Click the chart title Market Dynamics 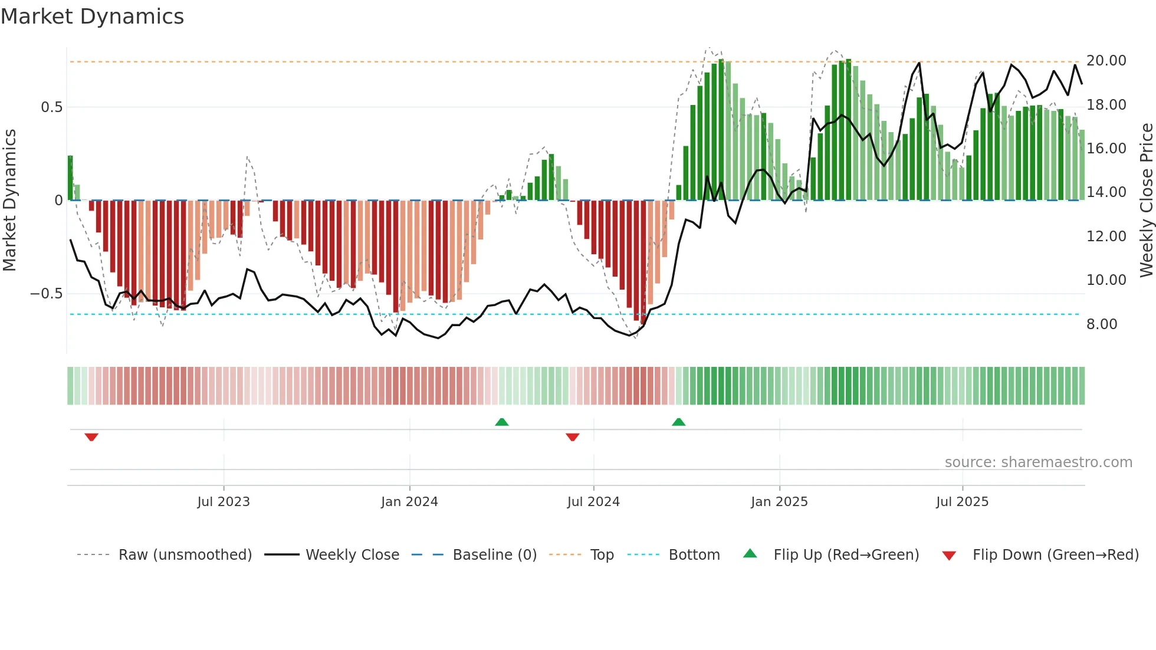tap(92, 17)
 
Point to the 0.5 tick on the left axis tap(51, 107)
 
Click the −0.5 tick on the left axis tap(47, 294)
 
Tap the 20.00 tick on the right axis tap(1106, 61)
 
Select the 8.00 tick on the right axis tap(1101, 324)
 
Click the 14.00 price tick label tap(1106, 192)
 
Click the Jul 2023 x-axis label tap(224, 502)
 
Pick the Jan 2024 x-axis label tap(409, 502)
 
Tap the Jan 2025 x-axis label tap(779, 502)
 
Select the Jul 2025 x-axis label tap(962, 502)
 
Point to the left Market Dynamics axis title tap(9, 201)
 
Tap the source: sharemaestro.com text tap(1038, 462)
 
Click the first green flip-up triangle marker tap(501, 422)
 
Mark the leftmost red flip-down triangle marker tap(91, 437)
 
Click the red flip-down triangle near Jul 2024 tap(572, 437)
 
